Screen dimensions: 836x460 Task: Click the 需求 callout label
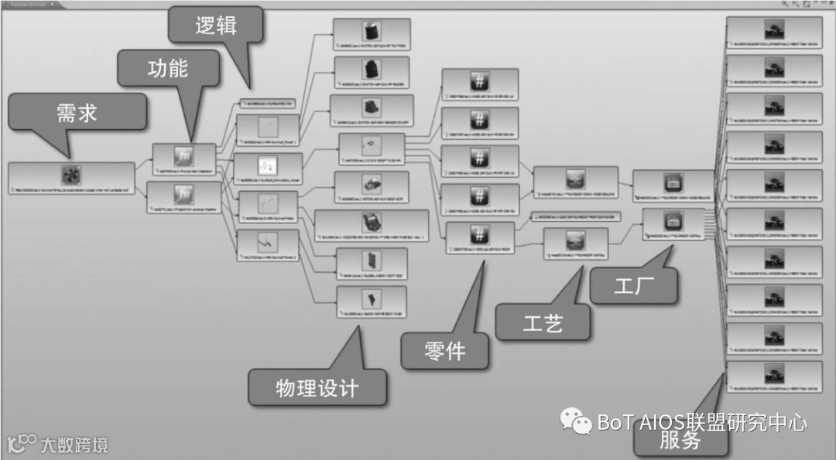pyautogui.click(x=77, y=113)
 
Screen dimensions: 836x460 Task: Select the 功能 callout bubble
pyautogui.click(x=168, y=68)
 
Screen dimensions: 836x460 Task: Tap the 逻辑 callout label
pyautogui.click(x=216, y=26)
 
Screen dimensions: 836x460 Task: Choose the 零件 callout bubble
pyautogui.click(x=445, y=351)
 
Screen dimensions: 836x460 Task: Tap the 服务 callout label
pyautogui.click(x=680, y=441)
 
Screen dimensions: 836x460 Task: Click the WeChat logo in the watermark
pyautogui.click(x=577, y=421)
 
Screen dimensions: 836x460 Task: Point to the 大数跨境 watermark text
pyautogui.click(x=74, y=445)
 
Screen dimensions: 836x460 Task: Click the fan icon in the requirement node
pyautogui.click(x=72, y=174)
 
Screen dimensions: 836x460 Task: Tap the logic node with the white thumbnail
pyautogui.click(x=267, y=165)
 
